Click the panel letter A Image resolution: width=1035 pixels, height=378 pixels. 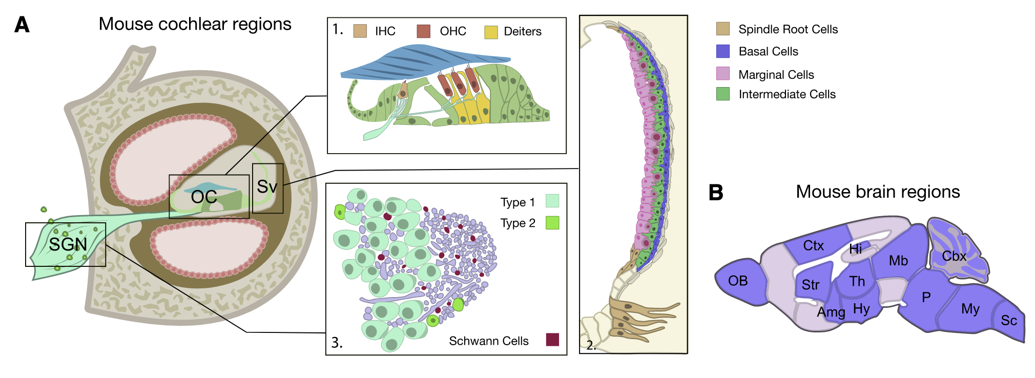pyautogui.click(x=22, y=25)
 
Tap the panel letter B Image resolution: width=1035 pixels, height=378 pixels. pyautogui.click(x=715, y=193)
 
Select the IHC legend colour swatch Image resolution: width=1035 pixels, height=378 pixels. pyautogui.click(x=360, y=31)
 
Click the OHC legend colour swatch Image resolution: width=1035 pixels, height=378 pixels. pyautogui.click(x=423, y=31)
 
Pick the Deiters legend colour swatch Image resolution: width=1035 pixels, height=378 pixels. pyautogui.click(x=491, y=32)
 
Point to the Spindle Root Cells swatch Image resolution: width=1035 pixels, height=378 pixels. pyautogui.click(x=723, y=29)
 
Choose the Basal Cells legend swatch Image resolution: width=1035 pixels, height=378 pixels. pyautogui.click(x=723, y=51)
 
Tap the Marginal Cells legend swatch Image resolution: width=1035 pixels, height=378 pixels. pyautogui.click(x=723, y=74)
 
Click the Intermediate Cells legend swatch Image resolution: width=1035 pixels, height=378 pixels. pyautogui.click(x=723, y=94)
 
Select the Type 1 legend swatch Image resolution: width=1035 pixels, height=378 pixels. pyautogui.click(x=552, y=201)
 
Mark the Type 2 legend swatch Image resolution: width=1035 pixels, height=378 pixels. pyautogui.click(x=552, y=223)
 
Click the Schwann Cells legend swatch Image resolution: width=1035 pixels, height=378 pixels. pyautogui.click(x=552, y=340)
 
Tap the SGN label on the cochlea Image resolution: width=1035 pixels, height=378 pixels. pyautogui.click(x=68, y=244)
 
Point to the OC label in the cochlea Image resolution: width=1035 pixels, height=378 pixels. pyautogui.click(x=204, y=197)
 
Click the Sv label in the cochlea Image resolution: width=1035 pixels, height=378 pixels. pyautogui.click(x=267, y=186)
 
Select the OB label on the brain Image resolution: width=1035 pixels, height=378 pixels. pyautogui.click(x=738, y=281)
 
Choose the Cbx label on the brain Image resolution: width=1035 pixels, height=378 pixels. pyautogui.click(x=954, y=256)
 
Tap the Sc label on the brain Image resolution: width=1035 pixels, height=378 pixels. pyautogui.click(x=1009, y=321)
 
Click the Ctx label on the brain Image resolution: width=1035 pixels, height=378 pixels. pyautogui.click(x=813, y=246)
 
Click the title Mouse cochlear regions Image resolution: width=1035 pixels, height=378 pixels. pyautogui.click(x=195, y=24)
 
